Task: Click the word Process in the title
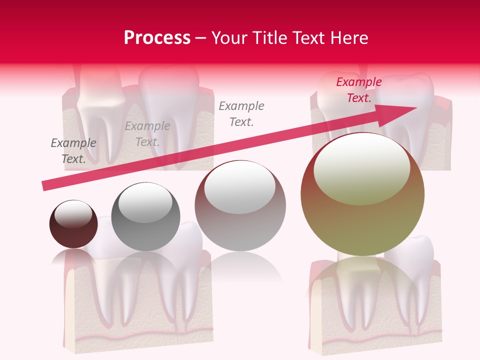[x=157, y=38]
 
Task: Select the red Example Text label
[x=359, y=90]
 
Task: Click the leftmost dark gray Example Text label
[x=73, y=150]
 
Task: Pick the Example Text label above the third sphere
[x=241, y=113]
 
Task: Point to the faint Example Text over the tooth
[x=147, y=134]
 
